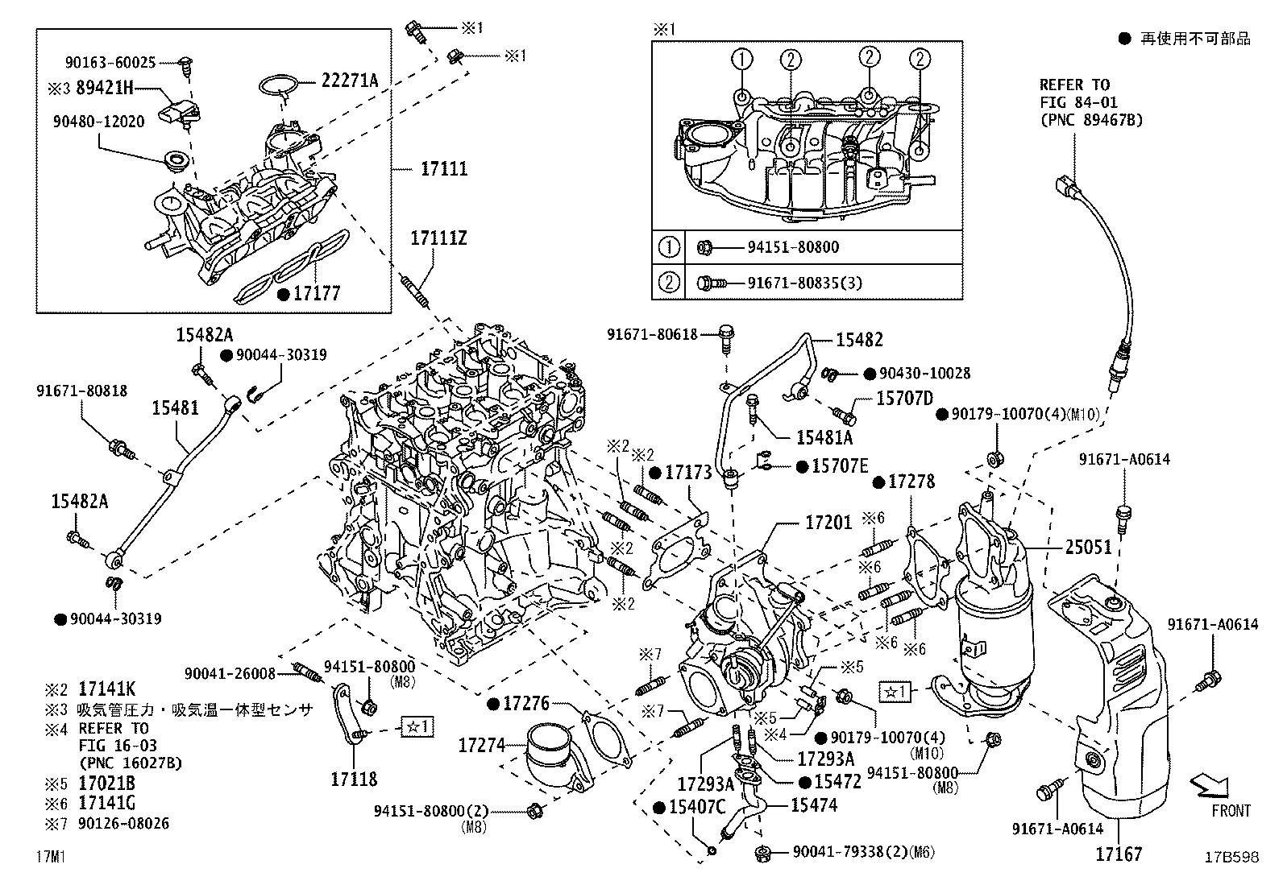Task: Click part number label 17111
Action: coord(444,170)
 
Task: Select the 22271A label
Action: coord(350,81)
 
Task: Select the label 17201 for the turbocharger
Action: coord(828,523)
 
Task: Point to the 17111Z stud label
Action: coord(438,238)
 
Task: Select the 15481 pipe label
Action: coord(175,409)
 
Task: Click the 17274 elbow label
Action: coord(480,746)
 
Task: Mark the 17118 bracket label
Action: coord(354,779)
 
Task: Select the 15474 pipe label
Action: coord(813,805)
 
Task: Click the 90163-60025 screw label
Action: coord(110,62)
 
